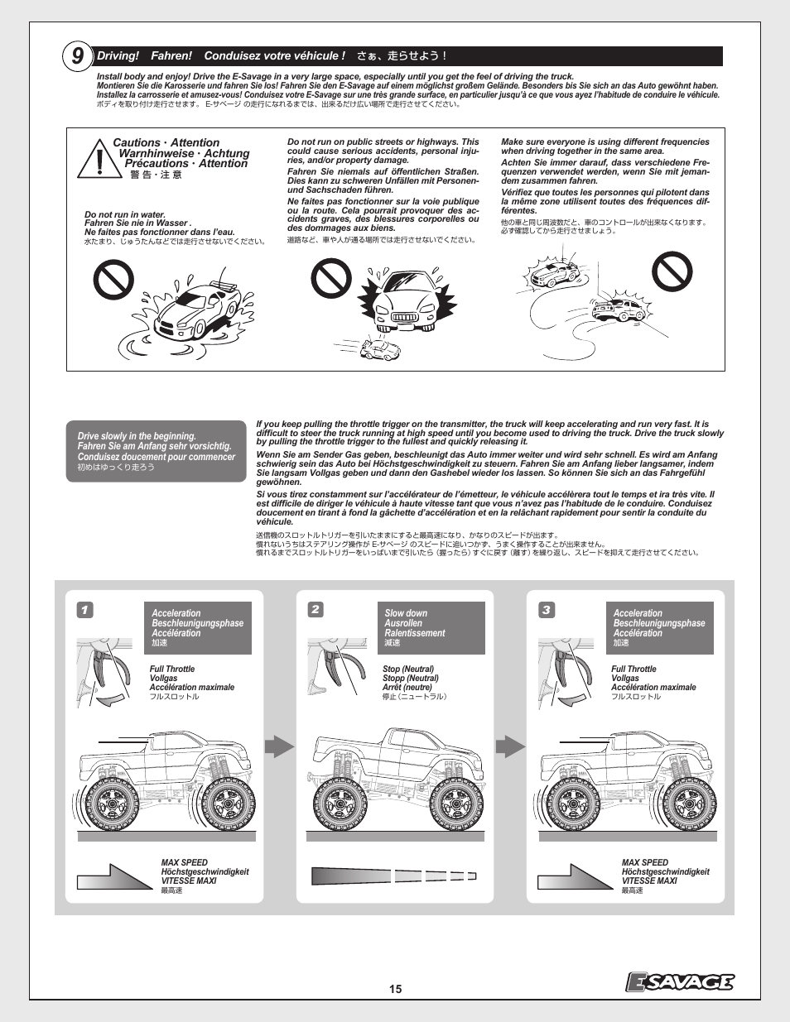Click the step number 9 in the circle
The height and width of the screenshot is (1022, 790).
point(77,56)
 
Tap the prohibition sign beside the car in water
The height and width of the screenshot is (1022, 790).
point(113,280)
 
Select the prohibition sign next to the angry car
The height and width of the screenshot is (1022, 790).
point(331,278)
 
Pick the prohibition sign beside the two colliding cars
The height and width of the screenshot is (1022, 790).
point(672,271)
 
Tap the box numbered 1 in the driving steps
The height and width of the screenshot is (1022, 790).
point(84,610)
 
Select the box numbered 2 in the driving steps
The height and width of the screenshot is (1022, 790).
point(315,610)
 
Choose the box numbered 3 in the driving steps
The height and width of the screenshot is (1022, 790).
point(546,610)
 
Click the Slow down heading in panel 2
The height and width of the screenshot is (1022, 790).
point(406,613)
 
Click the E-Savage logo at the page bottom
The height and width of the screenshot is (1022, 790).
point(679,981)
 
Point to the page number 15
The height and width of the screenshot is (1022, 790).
point(395,989)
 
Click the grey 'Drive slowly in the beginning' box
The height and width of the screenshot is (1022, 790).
point(156,451)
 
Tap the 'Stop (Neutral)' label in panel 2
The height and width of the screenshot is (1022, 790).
point(408,669)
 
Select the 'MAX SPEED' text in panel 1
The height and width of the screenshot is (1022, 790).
point(185,862)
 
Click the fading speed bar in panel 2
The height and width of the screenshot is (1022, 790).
point(393,876)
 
